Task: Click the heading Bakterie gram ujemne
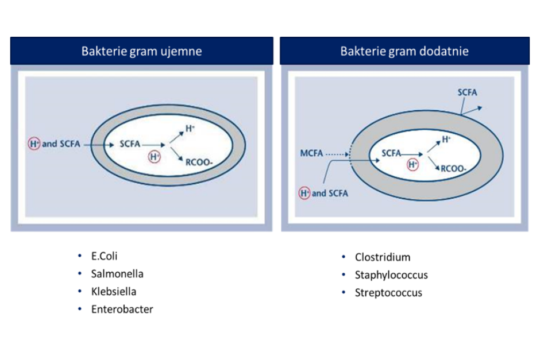141,51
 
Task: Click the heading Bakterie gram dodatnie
404,51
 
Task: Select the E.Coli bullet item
104,256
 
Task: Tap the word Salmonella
117,274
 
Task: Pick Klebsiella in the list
114,292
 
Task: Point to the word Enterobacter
122,309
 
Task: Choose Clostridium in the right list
383,257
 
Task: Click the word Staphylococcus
391,275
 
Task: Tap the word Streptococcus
388,293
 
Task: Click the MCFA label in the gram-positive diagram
311,153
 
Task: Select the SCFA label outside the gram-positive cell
468,92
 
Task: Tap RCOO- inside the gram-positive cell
454,169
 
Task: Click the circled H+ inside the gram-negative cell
155,157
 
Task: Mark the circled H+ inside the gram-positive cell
412,165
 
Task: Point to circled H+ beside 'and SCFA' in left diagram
34,144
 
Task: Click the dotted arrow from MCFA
338,154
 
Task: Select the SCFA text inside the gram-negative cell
130,144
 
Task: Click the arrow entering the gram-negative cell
99,145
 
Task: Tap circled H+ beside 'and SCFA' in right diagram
304,193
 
